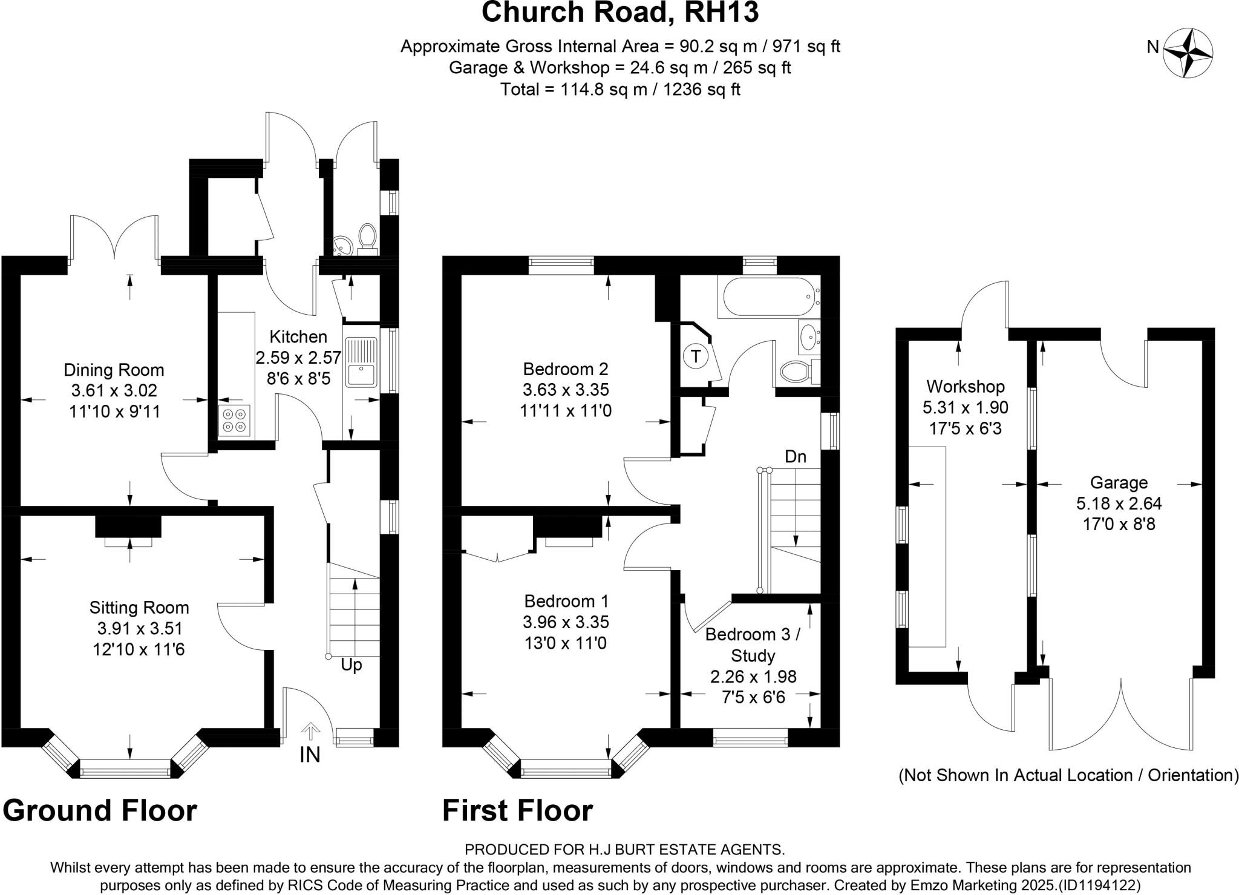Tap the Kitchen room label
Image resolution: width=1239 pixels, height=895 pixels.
click(298, 337)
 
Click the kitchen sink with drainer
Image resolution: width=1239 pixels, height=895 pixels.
click(361, 362)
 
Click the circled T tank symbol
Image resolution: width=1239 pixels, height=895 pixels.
click(695, 356)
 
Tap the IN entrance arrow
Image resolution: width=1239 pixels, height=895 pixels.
click(310, 732)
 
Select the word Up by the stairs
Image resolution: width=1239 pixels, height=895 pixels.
click(351, 665)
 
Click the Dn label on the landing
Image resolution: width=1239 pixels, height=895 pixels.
click(795, 457)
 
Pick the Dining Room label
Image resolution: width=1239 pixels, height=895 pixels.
click(114, 370)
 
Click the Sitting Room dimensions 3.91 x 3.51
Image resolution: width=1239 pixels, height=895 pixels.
click(139, 628)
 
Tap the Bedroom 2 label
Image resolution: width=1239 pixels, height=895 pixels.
click(565, 369)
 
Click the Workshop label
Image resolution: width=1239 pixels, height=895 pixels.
click(965, 386)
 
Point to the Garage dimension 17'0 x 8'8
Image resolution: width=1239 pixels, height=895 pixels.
click(1118, 523)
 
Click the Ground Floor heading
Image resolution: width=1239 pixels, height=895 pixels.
click(100, 810)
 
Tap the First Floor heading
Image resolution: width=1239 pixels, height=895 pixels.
click(517, 810)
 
